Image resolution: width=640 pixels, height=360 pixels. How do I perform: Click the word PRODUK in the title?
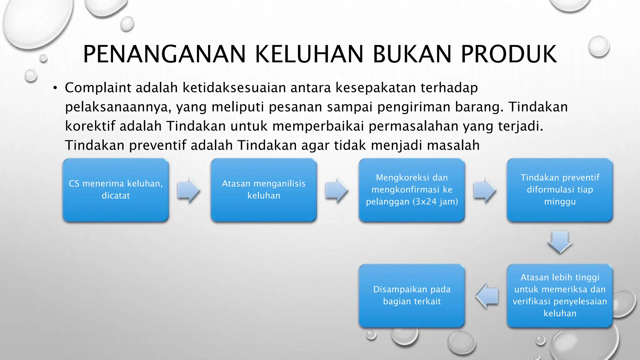[509, 54]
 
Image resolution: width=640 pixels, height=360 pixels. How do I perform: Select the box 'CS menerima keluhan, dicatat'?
[116, 190]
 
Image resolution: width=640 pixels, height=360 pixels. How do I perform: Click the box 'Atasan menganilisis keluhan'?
[264, 190]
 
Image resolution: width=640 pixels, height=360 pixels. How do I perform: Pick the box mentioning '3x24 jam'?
[412, 190]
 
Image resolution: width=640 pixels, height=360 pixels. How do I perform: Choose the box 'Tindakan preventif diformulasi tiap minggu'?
[560, 190]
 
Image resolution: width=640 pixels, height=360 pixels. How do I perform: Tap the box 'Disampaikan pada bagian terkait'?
[412, 296]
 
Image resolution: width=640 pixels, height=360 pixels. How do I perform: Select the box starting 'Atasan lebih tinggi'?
[560, 296]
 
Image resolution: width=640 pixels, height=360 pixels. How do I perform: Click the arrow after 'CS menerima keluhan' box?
[189, 190]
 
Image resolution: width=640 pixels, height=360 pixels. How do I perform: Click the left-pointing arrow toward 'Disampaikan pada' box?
[487, 296]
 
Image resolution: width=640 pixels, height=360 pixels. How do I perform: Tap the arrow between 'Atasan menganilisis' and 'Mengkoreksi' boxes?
[337, 190]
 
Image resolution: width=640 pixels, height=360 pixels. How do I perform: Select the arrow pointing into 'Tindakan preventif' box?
[485, 190]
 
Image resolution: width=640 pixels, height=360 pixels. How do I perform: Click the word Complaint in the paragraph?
[98, 88]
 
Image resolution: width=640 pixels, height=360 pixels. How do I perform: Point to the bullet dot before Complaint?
[55, 88]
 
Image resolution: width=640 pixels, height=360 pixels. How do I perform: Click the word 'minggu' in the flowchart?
[560, 202]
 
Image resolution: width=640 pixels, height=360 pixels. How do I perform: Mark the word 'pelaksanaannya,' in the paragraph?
[118, 107]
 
